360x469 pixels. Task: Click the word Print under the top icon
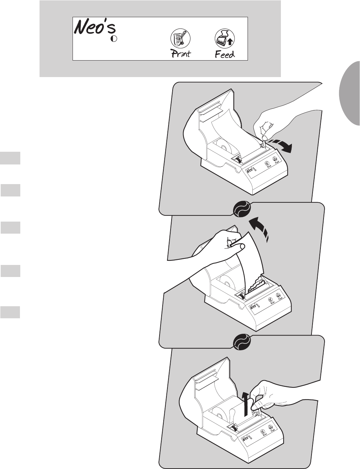(x=181, y=54)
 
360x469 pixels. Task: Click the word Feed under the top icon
(x=225, y=54)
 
